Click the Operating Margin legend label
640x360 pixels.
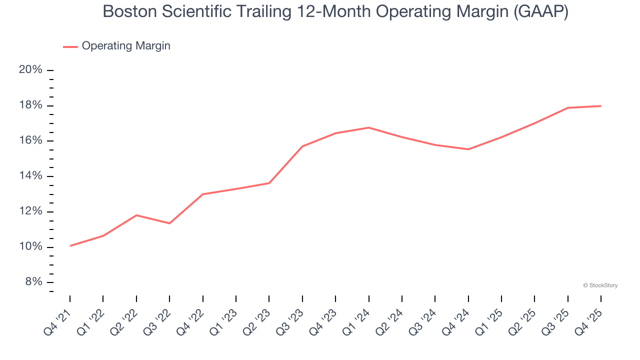(126, 46)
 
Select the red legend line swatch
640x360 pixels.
(70, 46)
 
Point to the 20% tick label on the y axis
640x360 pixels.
(30, 70)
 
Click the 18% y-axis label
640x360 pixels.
(30, 105)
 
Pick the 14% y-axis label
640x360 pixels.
(30, 176)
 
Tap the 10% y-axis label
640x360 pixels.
(30, 247)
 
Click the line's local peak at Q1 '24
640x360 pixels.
(368, 127)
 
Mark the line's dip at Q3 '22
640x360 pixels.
(169, 223)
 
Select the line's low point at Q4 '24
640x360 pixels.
(468, 149)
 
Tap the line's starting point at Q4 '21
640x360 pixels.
(70, 245)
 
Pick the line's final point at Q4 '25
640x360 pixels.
(600, 106)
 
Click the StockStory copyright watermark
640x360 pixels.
(600, 285)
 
